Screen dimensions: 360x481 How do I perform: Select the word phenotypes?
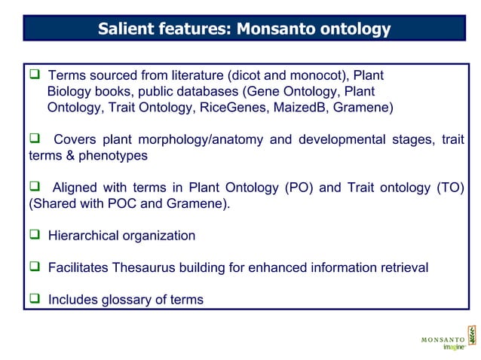click(x=114, y=156)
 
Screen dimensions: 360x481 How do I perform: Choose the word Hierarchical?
click(x=84, y=236)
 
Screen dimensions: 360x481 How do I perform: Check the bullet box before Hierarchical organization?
click(x=34, y=236)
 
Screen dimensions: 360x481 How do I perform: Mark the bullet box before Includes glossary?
click(x=34, y=300)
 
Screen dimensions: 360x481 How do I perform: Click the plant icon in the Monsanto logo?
click(x=471, y=335)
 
